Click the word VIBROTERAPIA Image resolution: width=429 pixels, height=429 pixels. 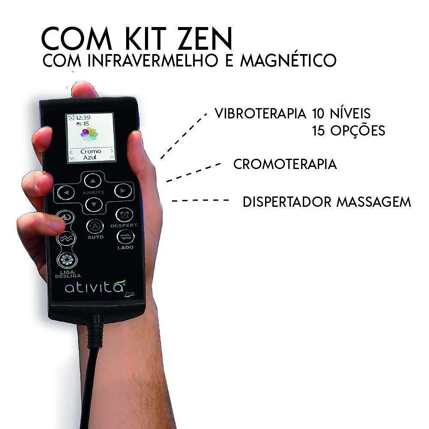(x=260, y=113)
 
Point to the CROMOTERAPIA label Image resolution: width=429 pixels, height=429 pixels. (x=285, y=164)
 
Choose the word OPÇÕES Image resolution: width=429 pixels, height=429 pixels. (x=358, y=130)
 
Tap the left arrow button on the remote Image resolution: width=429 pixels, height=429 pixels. (x=66, y=193)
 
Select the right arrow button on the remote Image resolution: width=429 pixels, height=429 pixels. (x=123, y=190)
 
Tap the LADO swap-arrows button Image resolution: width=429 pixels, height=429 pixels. (x=126, y=237)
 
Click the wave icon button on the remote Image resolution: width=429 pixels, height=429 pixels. (x=66, y=239)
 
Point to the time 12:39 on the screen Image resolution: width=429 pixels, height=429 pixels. (x=83, y=118)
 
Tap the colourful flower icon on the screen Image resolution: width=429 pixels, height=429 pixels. (x=90, y=134)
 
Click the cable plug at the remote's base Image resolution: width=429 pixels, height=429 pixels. (x=95, y=332)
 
